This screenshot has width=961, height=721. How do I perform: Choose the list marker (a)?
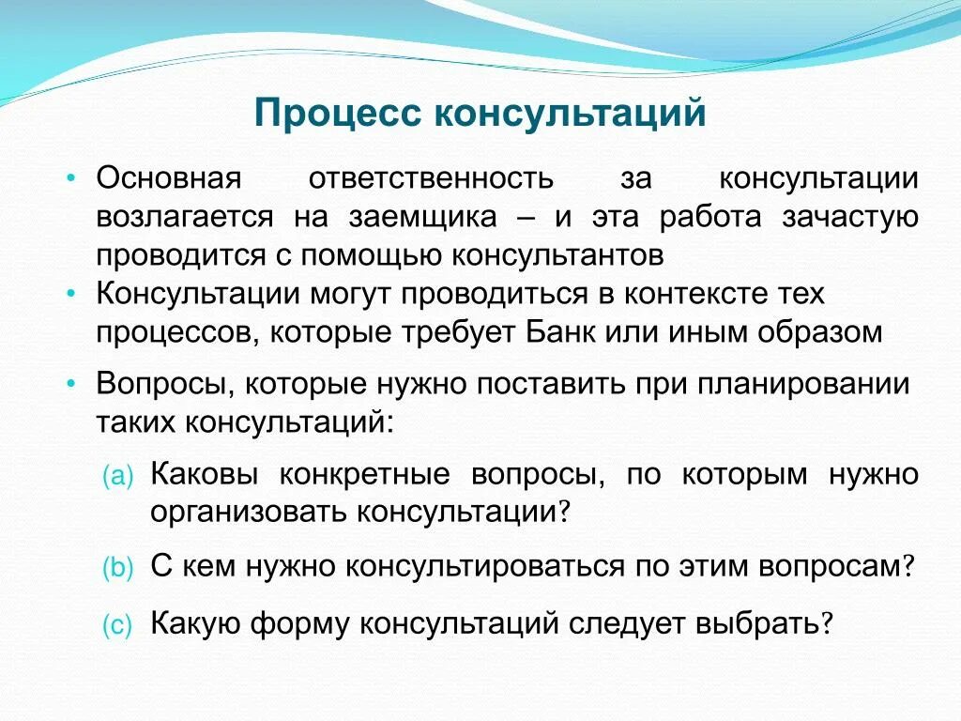coord(119,476)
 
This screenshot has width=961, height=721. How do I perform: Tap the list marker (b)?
coord(119,567)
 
